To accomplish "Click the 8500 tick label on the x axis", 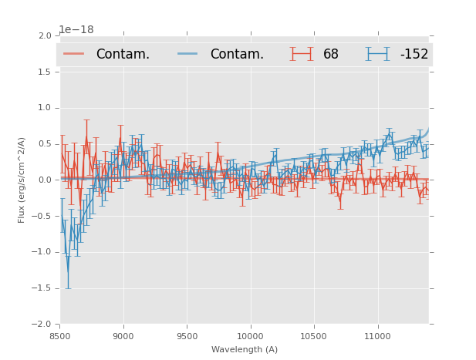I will coord(59,336).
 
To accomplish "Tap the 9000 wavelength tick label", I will coord(123,336).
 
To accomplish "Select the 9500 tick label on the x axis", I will coord(187,336).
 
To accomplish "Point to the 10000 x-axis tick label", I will coord(250,336).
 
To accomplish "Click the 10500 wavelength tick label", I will coord(314,336).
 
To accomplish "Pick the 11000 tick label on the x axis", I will coord(377,336).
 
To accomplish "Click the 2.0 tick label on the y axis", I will coord(45,36).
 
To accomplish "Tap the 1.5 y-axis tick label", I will coord(45,72).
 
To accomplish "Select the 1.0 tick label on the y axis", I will coord(45,108).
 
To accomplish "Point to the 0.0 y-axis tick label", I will coord(45,180).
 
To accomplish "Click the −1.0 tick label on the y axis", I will coord(42,252).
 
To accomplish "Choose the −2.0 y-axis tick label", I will coord(42,325).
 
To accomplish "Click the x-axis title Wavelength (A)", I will coord(245,350).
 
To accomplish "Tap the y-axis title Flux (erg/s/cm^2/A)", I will coord(22,180).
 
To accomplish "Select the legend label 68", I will coord(331,55).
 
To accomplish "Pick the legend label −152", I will coord(414,55).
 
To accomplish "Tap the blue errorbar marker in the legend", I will coord(377,54).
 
